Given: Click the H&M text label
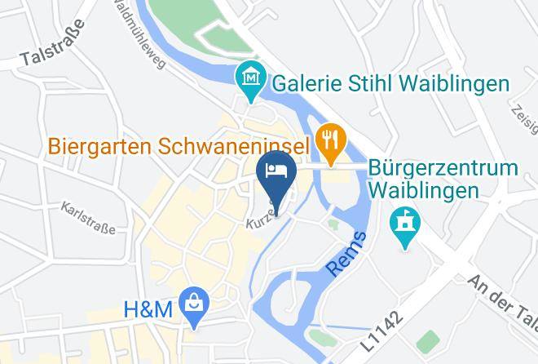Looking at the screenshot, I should coord(148,310).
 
